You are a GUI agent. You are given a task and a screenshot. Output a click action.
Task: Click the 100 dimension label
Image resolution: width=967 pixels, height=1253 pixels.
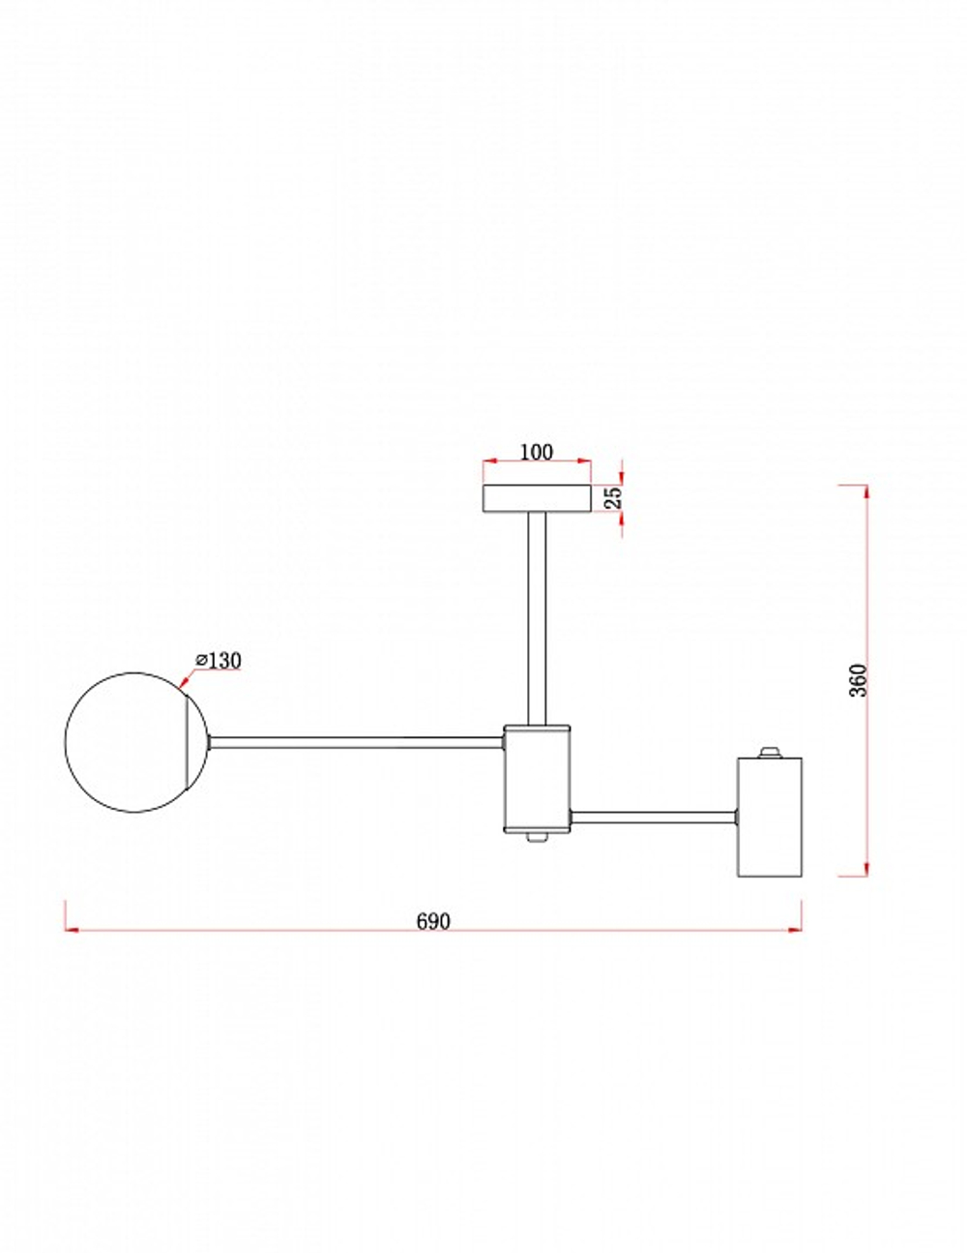click(x=536, y=453)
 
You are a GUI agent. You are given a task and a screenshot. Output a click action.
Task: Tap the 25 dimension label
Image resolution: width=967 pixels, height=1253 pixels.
click(x=615, y=497)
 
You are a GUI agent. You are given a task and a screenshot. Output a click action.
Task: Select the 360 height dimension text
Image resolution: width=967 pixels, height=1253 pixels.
click(x=859, y=680)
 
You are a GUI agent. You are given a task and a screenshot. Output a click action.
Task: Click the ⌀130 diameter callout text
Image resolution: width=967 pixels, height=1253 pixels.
click(x=219, y=661)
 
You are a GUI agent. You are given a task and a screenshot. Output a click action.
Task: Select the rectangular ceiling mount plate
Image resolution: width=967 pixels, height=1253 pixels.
click(x=537, y=498)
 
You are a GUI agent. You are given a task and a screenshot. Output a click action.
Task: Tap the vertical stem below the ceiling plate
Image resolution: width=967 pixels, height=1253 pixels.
click(x=537, y=618)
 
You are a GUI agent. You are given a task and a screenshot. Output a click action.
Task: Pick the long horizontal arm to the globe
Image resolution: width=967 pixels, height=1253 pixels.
click(x=356, y=742)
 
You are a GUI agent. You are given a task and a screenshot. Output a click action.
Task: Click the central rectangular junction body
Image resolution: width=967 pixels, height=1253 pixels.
click(x=537, y=779)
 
